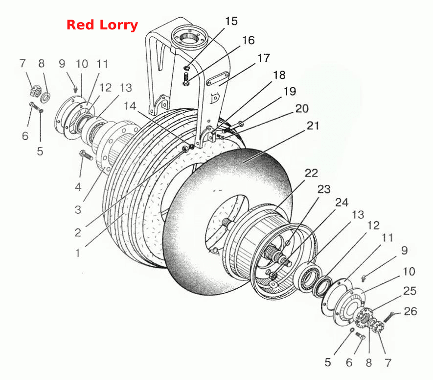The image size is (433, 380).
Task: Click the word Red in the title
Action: click(80, 25)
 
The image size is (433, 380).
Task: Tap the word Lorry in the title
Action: click(118, 25)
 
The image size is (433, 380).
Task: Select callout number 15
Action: click(231, 21)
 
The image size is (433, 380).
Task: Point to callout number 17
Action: click(263, 58)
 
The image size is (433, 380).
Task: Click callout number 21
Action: click(313, 126)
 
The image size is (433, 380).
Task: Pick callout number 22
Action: click(311, 173)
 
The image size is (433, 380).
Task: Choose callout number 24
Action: click(342, 203)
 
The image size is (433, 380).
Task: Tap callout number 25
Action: click(410, 291)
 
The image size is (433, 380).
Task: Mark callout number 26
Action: click(410, 311)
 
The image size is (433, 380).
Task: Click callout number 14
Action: click(130, 106)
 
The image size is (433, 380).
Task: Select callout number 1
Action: click(78, 253)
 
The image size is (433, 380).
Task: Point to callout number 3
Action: click(78, 209)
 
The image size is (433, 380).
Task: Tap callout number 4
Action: click(78, 187)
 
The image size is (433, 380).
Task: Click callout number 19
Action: click(290, 91)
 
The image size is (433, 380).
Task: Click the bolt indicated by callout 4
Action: click(86, 155)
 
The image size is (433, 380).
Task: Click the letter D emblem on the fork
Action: click(214, 98)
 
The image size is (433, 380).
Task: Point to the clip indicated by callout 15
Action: click(187, 67)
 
